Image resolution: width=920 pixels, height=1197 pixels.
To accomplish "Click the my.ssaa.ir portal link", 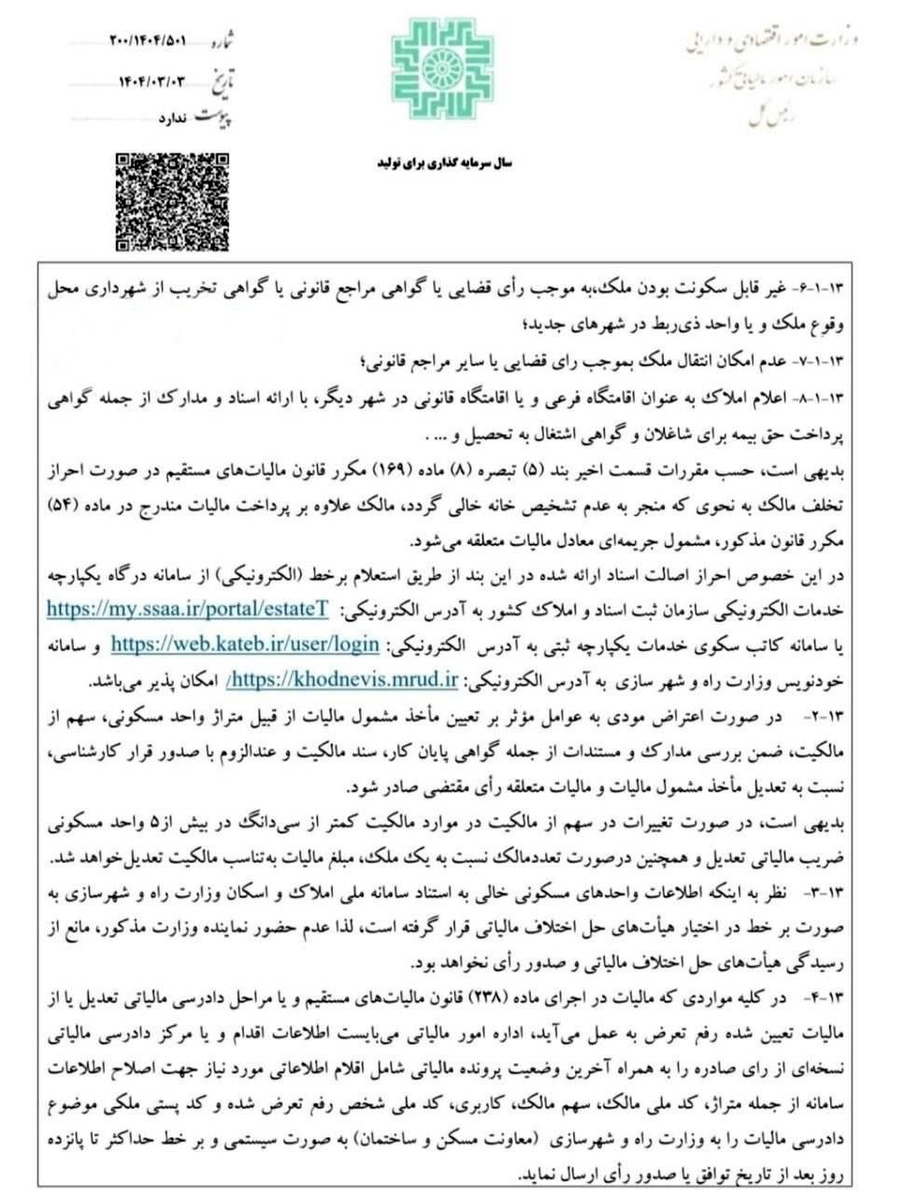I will pos(187,608).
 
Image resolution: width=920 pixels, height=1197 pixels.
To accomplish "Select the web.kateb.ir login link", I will pos(245,644).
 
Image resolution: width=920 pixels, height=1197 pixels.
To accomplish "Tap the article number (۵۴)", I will pos(67,506).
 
